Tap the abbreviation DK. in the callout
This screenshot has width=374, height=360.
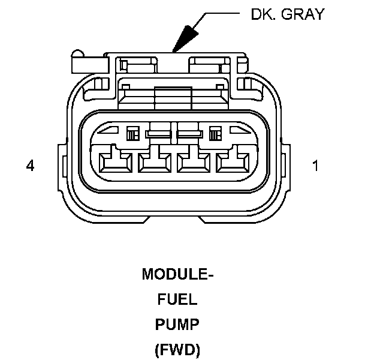click(x=264, y=14)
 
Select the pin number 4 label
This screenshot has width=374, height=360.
click(x=30, y=166)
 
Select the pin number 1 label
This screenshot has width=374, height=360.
click(x=316, y=166)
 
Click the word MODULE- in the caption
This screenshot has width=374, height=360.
click(x=178, y=275)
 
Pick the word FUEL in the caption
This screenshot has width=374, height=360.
click(x=178, y=299)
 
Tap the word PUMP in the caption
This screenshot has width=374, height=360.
click(x=178, y=324)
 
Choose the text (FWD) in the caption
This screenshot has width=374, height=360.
click(x=178, y=349)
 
